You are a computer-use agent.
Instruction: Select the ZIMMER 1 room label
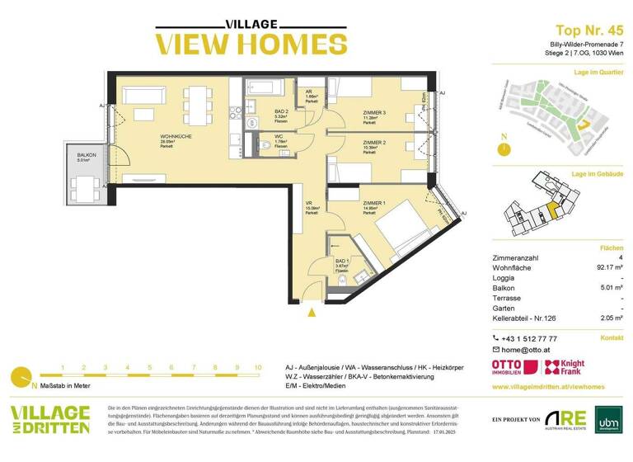(374, 203)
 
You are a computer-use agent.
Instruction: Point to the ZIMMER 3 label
(375, 112)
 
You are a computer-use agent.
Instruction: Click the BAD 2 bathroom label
(281, 111)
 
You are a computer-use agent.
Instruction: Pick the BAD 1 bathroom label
(319, 260)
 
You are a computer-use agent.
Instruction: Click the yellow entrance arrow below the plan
(312, 312)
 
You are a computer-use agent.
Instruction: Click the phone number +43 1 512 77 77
(529, 338)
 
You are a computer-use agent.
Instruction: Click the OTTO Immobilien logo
(510, 369)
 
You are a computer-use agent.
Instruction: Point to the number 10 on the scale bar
(258, 368)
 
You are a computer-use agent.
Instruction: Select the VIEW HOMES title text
(239, 43)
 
